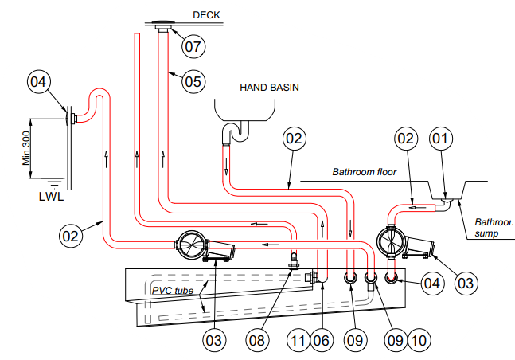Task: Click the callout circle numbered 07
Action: point(193,45)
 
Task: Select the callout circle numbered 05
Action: point(193,80)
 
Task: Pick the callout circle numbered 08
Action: point(256,340)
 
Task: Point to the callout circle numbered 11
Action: point(298,340)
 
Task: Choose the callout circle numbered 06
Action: point(321,340)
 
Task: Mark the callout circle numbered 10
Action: point(419,340)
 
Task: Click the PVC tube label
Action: point(172,291)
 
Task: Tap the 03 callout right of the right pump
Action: point(466,281)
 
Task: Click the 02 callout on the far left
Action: point(72,235)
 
